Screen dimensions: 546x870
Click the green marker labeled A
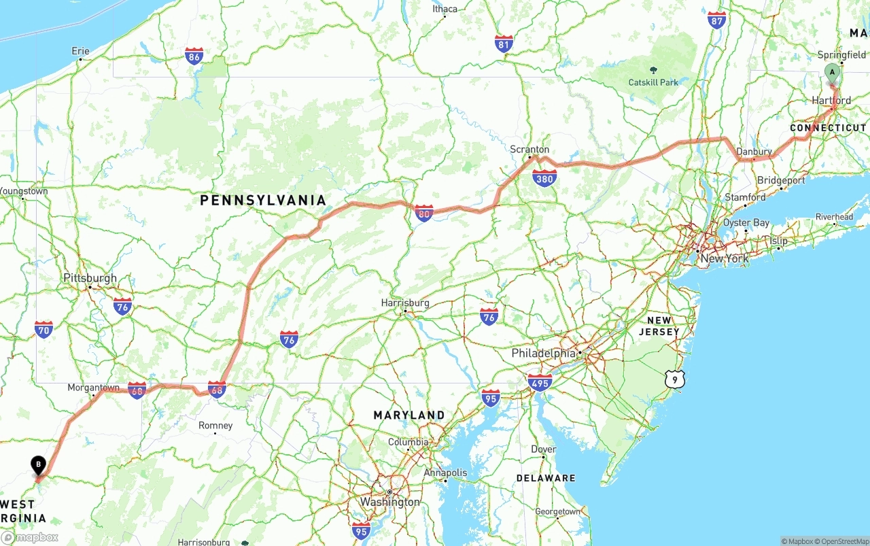(831, 73)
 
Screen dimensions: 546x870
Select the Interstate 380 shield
(544, 178)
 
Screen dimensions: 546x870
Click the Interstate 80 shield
(424, 214)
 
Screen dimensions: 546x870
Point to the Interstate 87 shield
(716, 20)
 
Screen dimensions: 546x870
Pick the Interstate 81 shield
(504, 44)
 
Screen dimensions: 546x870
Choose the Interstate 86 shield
(194, 56)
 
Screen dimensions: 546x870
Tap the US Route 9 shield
(674, 379)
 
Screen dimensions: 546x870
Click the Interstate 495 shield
(540, 382)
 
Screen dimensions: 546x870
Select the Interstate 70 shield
(44, 330)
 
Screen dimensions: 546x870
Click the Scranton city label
(529, 150)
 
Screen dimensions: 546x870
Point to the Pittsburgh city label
(90, 278)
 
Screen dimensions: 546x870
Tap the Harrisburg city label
(405, 303)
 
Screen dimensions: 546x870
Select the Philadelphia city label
(543, 354)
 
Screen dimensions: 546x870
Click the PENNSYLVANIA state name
(263, 200)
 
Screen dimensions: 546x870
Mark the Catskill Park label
(653, 82)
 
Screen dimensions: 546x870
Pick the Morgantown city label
(93, 388)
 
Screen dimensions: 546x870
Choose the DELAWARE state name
(546, 478)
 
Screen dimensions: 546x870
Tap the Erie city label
(80, 51)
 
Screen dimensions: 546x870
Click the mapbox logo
(30, 537)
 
